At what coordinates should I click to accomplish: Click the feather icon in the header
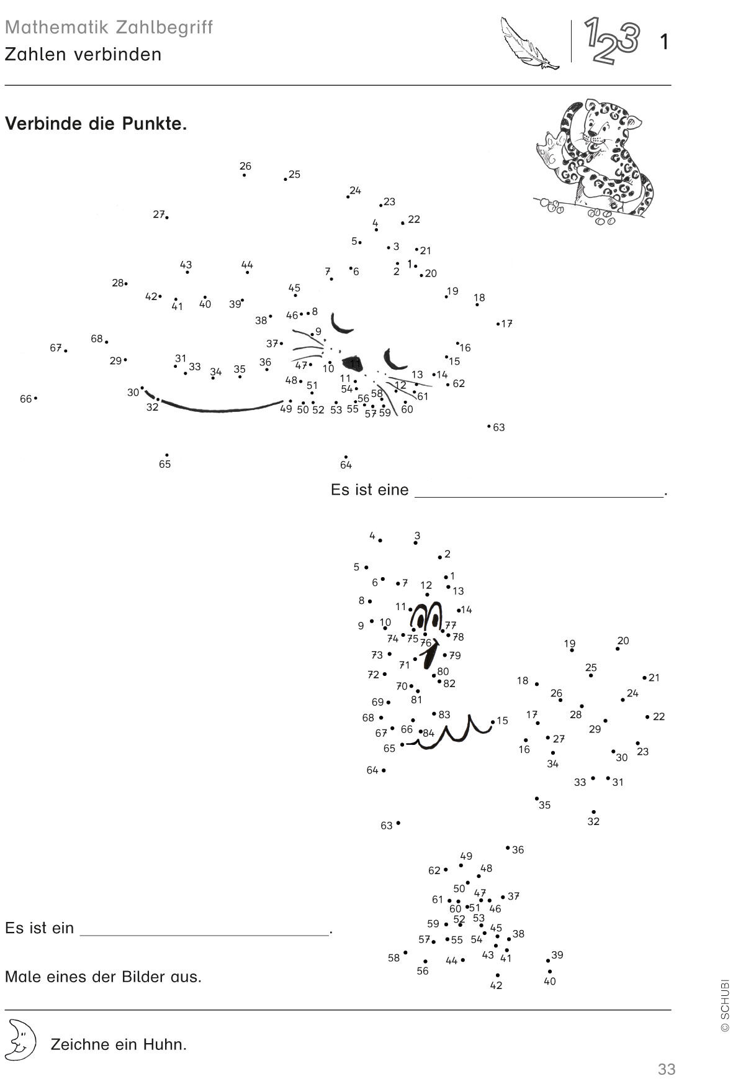pos(529,42)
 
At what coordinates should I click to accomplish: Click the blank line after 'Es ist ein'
pos(205,934)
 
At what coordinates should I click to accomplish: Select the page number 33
pos(666,1069)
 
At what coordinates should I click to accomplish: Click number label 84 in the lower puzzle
pos(428,733)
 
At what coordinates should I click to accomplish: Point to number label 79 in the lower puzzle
pos(455,655)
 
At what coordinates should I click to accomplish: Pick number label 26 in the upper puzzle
pos(245,166)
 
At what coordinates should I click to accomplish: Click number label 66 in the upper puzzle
pos(25,399)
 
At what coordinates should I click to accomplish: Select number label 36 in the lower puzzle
pos(518,850)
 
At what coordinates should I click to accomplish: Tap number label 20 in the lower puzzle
pos(623,641)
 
